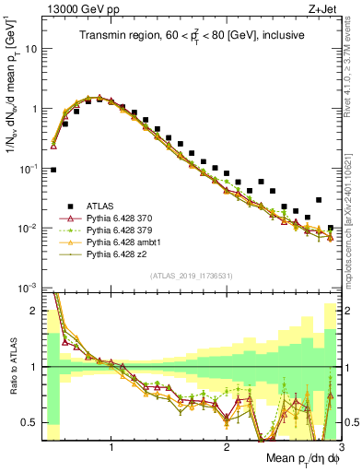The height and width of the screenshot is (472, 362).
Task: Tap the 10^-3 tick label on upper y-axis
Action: (x=28, y=289)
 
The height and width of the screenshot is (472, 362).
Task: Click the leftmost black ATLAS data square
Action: (x=53, y=170)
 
